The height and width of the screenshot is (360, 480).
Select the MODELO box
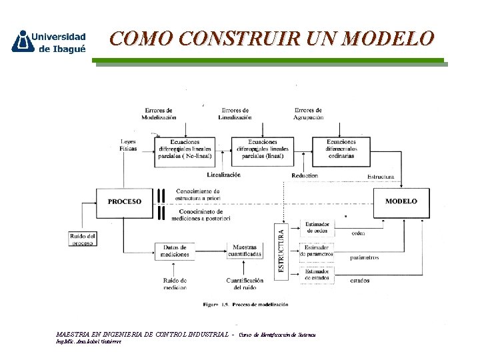click(x=402, y=201)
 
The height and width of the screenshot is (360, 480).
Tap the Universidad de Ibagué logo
click(x=49, y=41)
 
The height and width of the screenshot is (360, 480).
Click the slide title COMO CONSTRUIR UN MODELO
click(x=272, y=39)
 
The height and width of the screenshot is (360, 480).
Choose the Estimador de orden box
click(x=317, y=229)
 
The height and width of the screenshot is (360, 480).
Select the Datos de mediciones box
click(x=175, y=251)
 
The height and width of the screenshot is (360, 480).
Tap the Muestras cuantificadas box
click(x=245, y=251)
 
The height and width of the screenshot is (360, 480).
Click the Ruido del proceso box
click(x=83, y=239)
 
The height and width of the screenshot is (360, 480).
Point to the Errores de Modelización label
click(x=159, y=113)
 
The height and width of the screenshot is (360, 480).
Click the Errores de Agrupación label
click(x=309, y=113)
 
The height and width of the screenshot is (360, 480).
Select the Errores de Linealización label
click(x=235, y=113)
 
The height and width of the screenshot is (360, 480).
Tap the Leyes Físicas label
click(x=129, y=145)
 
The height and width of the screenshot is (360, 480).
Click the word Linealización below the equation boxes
click(x=223, y=175)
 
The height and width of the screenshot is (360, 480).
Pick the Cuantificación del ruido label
click(x=245, y=283)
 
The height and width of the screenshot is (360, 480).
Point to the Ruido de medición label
click(x=175, y=283)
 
